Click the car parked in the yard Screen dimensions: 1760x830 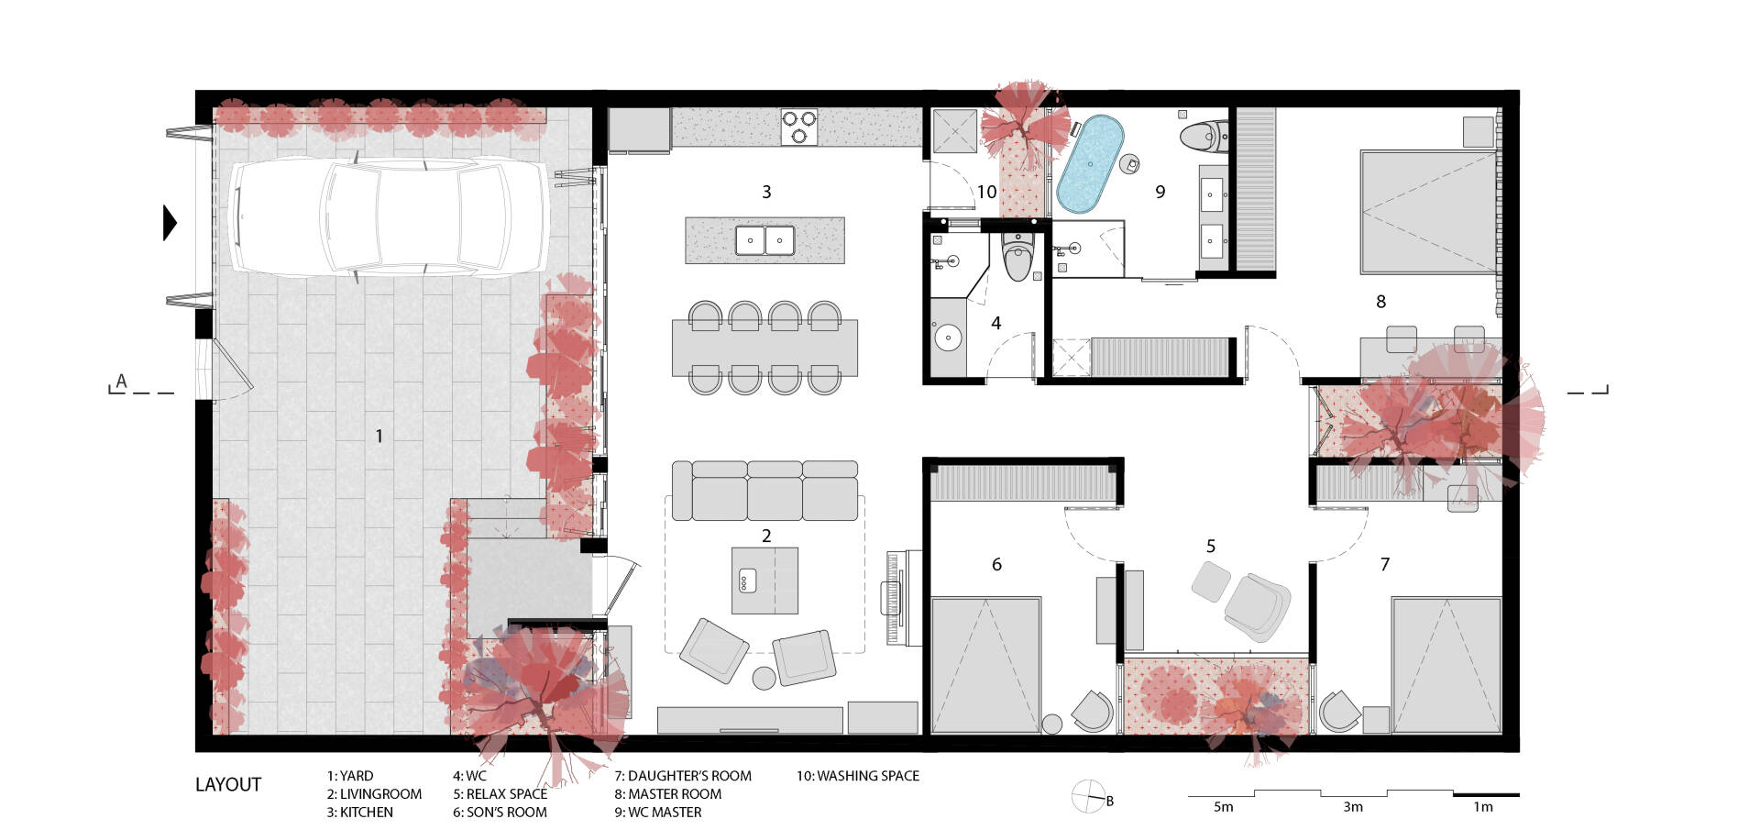pos(389,217)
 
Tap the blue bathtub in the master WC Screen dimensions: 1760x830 pos(1090,164)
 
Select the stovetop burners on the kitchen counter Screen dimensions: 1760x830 pos(799,127)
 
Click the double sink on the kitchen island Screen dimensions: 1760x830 pos(764,240)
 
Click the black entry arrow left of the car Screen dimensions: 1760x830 pos(170,222)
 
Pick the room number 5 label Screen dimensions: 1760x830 pos(1210,546)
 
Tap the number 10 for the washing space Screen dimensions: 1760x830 pos(986,192)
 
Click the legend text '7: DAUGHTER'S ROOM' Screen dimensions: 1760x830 pos(683,776)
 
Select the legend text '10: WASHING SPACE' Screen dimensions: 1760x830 pos(857,776)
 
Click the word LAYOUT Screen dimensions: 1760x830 pos(228,785)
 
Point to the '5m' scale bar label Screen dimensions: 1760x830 pos(1223,807)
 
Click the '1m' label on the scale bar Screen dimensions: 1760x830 pos(1483,807)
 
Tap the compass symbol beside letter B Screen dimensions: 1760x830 pos(1088,795)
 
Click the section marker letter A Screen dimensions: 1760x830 pos(121,382)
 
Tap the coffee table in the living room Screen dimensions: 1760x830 pos(764,581)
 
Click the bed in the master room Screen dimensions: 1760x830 pos(1428,212)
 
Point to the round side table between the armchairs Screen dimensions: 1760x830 pos(764,679)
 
